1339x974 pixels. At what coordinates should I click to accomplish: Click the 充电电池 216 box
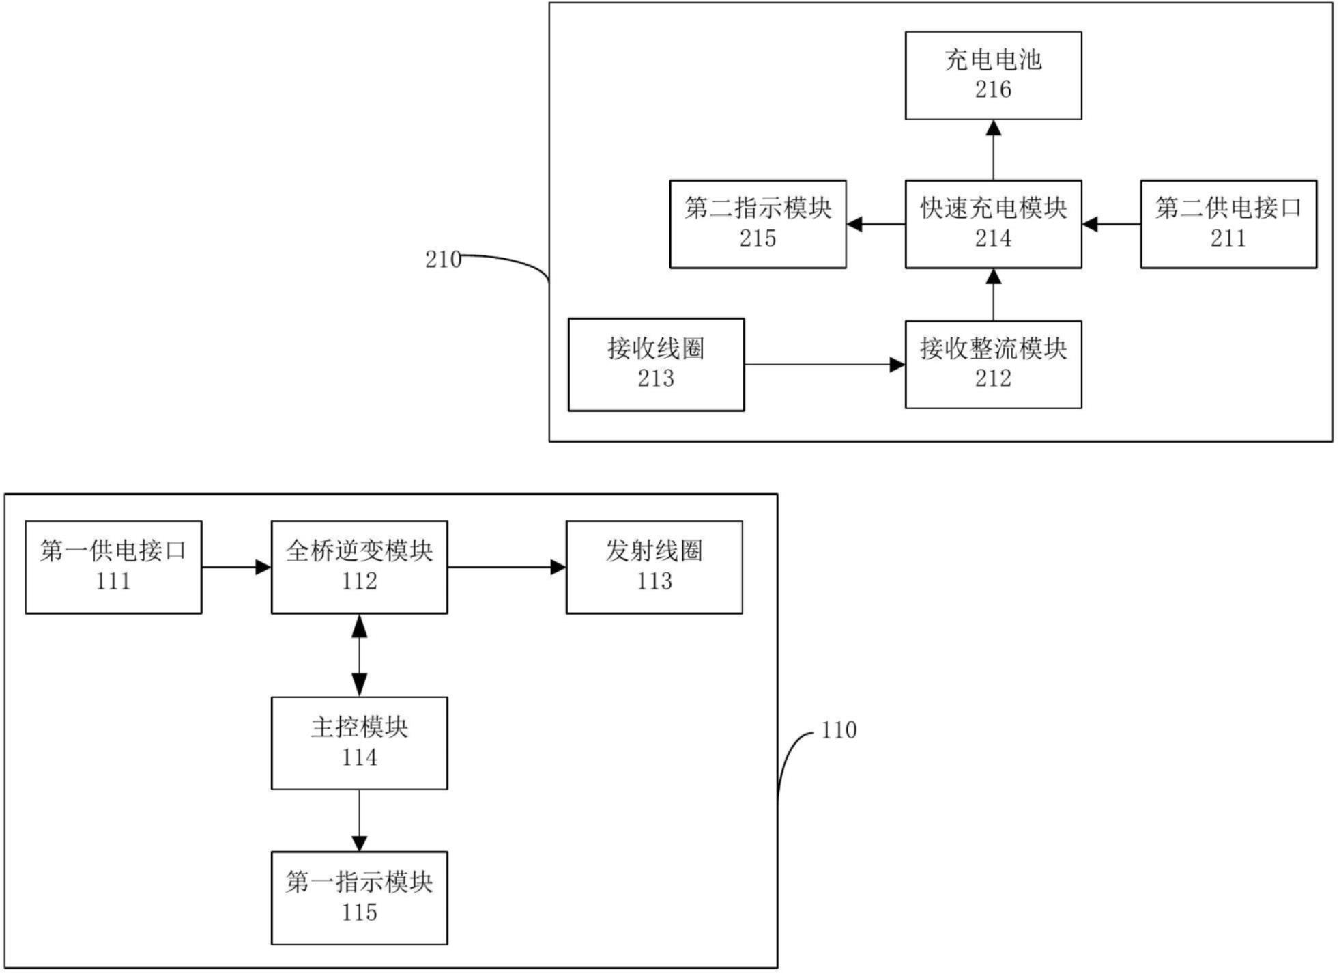pos(992,75)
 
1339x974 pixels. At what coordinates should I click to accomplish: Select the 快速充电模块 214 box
pos(992,224)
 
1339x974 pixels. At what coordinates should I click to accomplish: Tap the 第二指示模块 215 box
pos(758,224)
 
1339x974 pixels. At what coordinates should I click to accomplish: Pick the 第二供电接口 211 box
pos(1228,224)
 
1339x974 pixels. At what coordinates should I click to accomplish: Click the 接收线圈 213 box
pos(656,364)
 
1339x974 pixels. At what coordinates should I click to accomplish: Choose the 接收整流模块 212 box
pos(992,364)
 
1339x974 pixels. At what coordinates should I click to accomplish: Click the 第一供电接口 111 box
pos(113,567)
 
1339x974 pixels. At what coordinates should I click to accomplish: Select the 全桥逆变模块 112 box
pos(359,567)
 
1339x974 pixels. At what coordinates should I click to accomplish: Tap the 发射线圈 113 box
pos(654,567)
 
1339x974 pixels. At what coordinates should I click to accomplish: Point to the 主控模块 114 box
pos(359,743)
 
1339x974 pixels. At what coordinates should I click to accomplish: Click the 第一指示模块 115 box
pos(359,898)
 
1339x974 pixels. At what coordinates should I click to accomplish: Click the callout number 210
pos(443,260)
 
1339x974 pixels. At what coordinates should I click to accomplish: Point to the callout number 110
pos(838,730)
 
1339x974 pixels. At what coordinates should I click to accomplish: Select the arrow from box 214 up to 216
pos(993,150)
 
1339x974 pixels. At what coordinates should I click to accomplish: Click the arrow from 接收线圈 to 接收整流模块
pos(824,365)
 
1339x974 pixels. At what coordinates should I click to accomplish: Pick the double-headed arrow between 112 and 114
pos(359,655)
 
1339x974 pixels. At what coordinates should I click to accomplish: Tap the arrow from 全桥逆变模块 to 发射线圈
pos(506,567)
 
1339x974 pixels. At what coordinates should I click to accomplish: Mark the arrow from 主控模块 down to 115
pos(359,820)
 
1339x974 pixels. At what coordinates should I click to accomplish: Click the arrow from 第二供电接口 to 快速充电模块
pos(1111,224)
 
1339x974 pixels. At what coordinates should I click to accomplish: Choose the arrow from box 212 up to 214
pos(993,294)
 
